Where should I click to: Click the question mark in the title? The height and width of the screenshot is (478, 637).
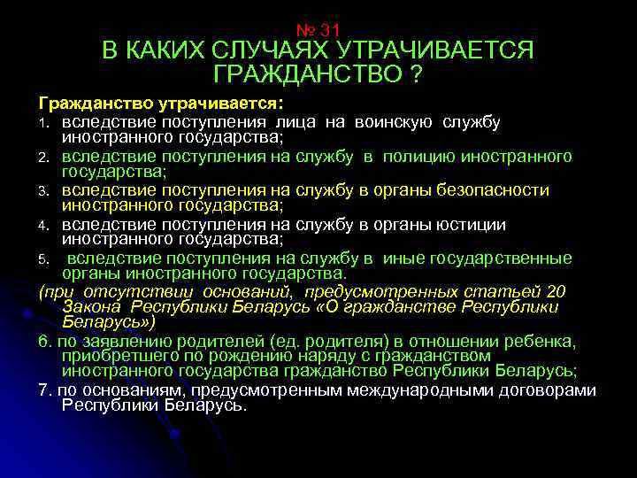pyautogui.click(x=415, y=75)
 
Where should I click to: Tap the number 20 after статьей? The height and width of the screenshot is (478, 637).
pyautogui.click(x=556, y=292)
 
